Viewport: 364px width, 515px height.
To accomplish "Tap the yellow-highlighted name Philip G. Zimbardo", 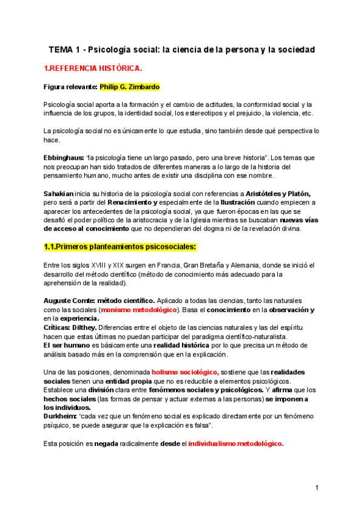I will [129, 87].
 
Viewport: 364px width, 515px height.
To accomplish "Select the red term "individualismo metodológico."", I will [236, 443].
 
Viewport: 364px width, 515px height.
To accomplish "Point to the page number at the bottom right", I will [317, 488].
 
